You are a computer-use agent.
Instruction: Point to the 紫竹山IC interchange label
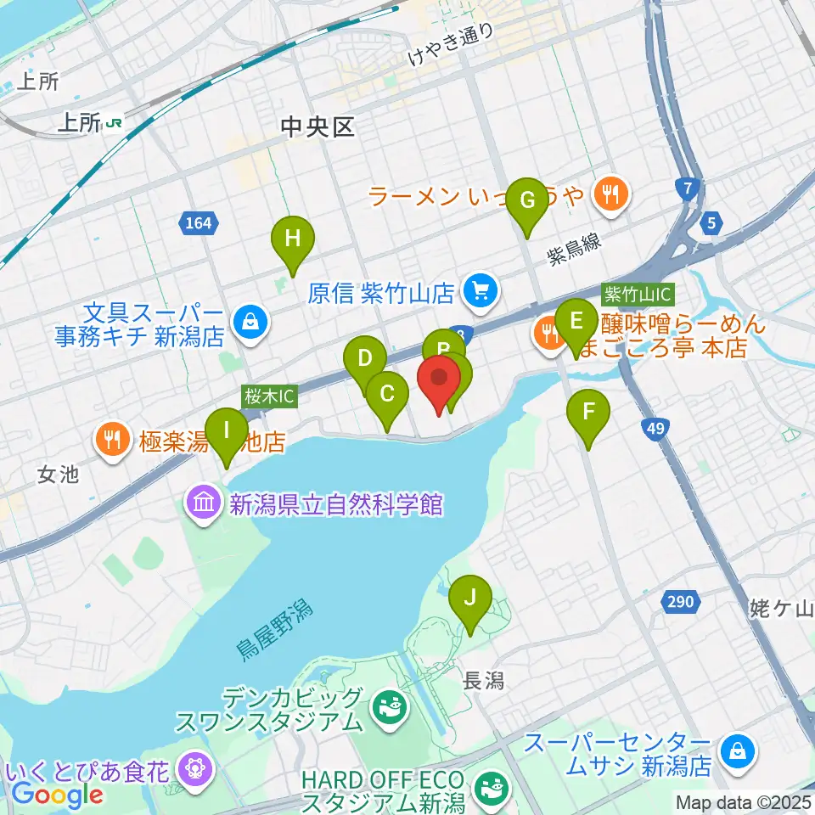638,295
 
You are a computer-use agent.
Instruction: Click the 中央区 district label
318,127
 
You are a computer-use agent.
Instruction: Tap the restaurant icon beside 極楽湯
113,440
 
